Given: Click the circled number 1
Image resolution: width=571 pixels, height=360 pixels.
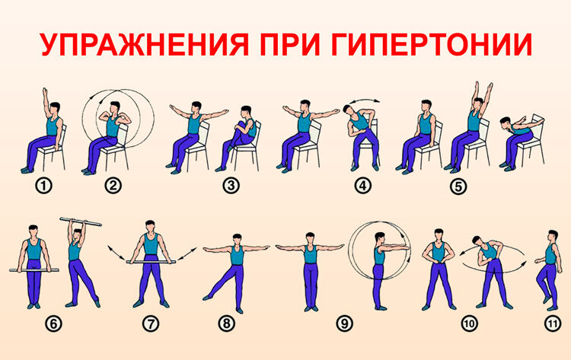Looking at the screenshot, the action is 43,186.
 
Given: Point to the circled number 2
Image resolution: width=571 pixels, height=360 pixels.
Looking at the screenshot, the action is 113,186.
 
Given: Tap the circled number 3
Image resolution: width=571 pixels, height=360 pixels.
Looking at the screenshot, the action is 231,186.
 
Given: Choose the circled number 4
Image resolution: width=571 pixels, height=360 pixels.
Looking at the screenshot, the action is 362,186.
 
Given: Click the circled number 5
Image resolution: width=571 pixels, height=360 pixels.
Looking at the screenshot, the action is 458,186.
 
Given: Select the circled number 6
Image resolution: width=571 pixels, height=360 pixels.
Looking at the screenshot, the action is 53,323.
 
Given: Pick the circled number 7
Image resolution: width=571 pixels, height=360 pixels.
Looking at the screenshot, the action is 151,323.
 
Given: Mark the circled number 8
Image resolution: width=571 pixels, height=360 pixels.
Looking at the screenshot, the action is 227,323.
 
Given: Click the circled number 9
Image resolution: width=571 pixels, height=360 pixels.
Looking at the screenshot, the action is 344,323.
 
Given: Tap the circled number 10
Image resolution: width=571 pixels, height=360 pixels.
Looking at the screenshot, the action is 469,323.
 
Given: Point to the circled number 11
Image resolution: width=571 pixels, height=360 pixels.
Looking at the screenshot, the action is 553,323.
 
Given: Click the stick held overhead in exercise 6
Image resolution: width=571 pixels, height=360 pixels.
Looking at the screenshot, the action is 81,221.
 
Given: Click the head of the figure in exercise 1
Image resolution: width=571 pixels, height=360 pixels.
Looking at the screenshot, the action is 55,109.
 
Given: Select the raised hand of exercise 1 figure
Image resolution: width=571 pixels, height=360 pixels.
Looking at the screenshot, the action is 45,91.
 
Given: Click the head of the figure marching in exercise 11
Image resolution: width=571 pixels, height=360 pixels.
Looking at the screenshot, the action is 553,236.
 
